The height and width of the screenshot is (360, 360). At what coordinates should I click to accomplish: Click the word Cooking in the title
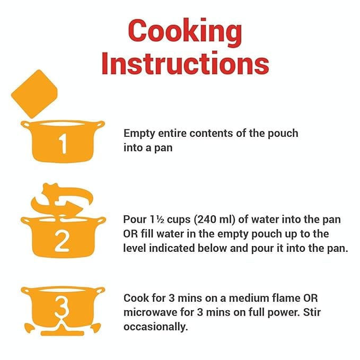185,32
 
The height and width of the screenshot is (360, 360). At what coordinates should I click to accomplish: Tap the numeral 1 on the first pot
63,144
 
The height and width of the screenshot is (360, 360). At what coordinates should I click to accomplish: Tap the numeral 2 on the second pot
62,241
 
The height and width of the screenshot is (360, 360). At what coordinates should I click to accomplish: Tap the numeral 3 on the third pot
62,306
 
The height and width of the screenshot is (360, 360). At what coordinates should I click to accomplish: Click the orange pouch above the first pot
34,94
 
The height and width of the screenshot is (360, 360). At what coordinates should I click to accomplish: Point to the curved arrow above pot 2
62,200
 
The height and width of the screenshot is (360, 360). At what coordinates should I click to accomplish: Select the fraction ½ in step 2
160,220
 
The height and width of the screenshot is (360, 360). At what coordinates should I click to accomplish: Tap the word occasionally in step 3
156,327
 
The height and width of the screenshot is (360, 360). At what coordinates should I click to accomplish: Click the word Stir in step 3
312,312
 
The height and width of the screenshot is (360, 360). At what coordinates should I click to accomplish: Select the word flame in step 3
286,298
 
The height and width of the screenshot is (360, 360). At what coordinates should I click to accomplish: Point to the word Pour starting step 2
135,219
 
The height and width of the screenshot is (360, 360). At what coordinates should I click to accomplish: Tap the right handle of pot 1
100,125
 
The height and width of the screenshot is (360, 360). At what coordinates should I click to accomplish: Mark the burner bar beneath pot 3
63,333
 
